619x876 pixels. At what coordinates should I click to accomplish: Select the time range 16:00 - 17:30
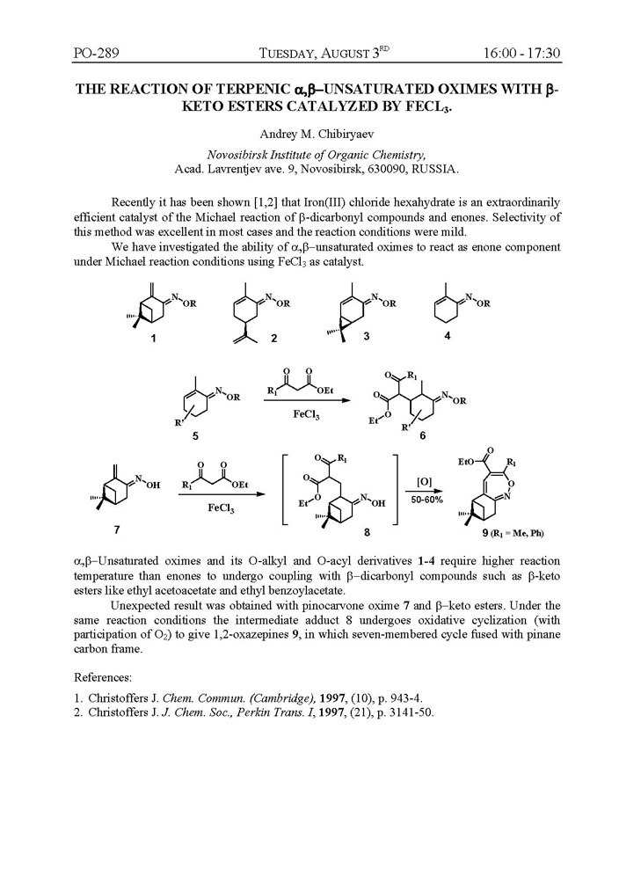point(521,55)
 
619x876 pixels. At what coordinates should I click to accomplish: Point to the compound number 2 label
point(249,339)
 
